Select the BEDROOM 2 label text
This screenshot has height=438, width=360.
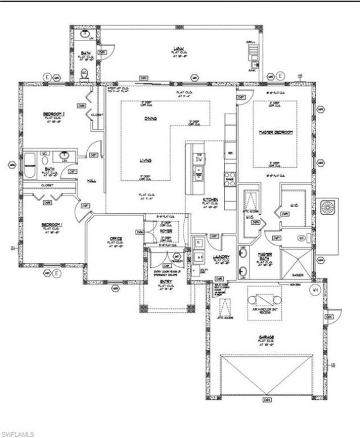click(x=54, y=114)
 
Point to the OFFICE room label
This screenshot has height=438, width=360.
click(x=116, y=239)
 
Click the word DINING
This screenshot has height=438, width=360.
click(x=150, y=118)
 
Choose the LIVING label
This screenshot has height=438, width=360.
click(x=146, y=160)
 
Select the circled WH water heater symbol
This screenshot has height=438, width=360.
click(x=316, y=289)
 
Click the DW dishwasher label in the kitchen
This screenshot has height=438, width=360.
click(x=199, y=159)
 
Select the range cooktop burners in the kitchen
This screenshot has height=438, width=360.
click(x=229, y=178)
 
